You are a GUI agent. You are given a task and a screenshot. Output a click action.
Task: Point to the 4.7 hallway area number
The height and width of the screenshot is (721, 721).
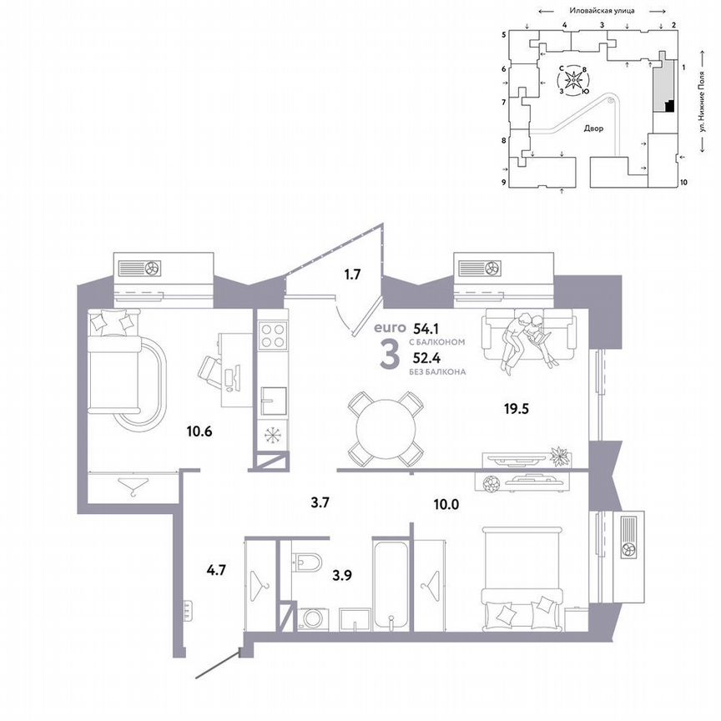216,572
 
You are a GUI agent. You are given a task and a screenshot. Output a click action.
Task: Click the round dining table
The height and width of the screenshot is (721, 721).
385,430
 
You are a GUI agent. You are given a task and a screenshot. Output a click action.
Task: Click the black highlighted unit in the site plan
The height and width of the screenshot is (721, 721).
668,105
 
